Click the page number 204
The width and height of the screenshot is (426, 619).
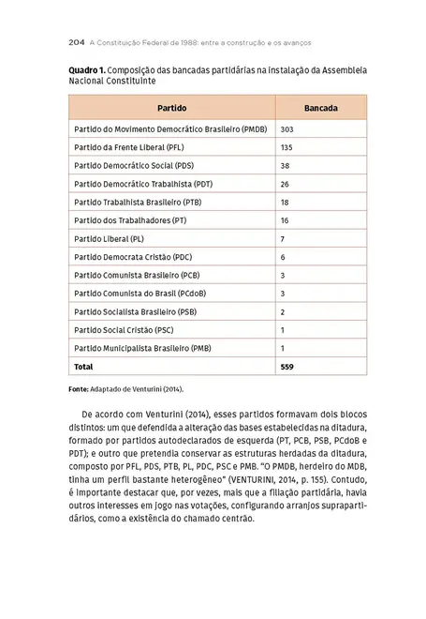[x=79, y=43]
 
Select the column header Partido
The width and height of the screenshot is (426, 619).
[x=171, y=108]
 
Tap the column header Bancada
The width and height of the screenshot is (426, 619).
[x=321, y=108]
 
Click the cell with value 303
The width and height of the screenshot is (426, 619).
[x=287, y=129]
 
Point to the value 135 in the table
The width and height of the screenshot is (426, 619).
[x=287, y=147]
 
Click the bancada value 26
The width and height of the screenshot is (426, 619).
[x=285, y=184]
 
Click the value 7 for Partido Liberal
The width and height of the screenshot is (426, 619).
[x=283, y=238]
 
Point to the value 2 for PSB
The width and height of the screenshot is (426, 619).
[x=283, y=311]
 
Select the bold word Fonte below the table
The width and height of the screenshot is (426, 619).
[x=78, y=388]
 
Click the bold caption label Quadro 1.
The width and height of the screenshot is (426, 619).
[x=86, y=70]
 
